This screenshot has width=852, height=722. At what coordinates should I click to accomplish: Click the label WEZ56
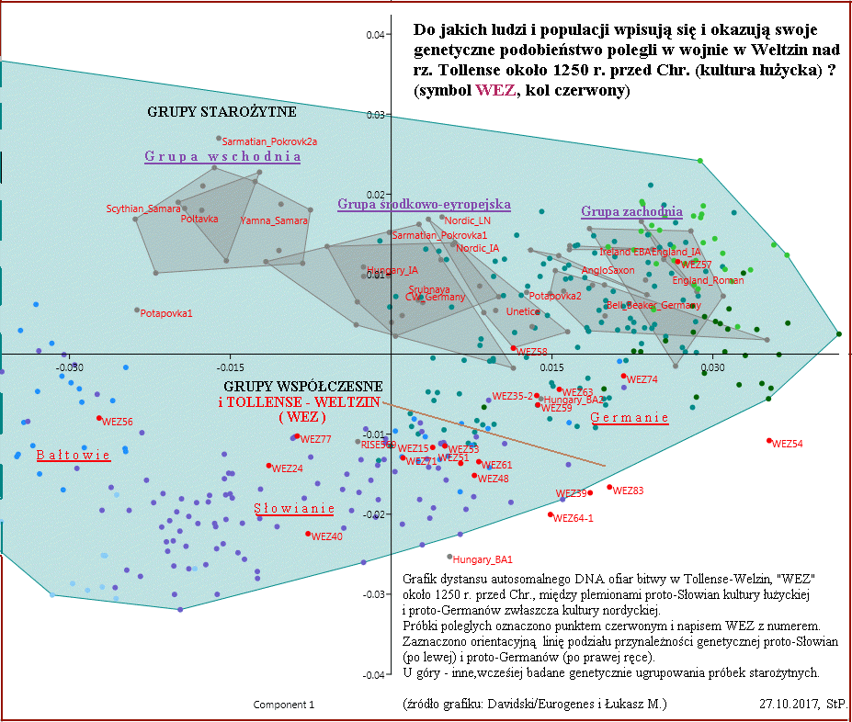click(118, 423)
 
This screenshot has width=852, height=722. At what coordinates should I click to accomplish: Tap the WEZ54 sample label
click(788, 444)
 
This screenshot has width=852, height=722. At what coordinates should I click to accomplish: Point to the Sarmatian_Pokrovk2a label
click(270, 142)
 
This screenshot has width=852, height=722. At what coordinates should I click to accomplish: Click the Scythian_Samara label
click(142, 209)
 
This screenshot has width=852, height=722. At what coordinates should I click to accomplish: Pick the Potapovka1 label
click(166, 314)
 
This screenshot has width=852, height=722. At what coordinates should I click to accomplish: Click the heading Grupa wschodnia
click(222, 157)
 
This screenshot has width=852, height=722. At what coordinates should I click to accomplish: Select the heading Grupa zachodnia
click(631, 212)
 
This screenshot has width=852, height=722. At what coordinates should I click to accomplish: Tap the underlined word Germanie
click(630, 418)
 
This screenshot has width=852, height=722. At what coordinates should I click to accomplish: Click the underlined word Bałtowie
click(74, 456)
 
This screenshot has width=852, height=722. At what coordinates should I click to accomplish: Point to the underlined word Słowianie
click(294, 509)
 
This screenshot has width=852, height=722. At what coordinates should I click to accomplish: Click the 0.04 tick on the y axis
click(374, 36)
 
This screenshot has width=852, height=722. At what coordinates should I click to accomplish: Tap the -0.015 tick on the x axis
click(231, 367)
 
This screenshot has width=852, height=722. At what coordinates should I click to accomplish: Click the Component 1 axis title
click(284, 705)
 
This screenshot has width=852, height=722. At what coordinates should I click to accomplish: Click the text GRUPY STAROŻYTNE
click(222, 112)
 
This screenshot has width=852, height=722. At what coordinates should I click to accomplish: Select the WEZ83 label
click(628, 491)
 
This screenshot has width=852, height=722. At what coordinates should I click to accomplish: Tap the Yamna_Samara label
click(275, 221)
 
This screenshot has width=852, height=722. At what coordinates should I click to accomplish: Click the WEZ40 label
click(327, 536)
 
